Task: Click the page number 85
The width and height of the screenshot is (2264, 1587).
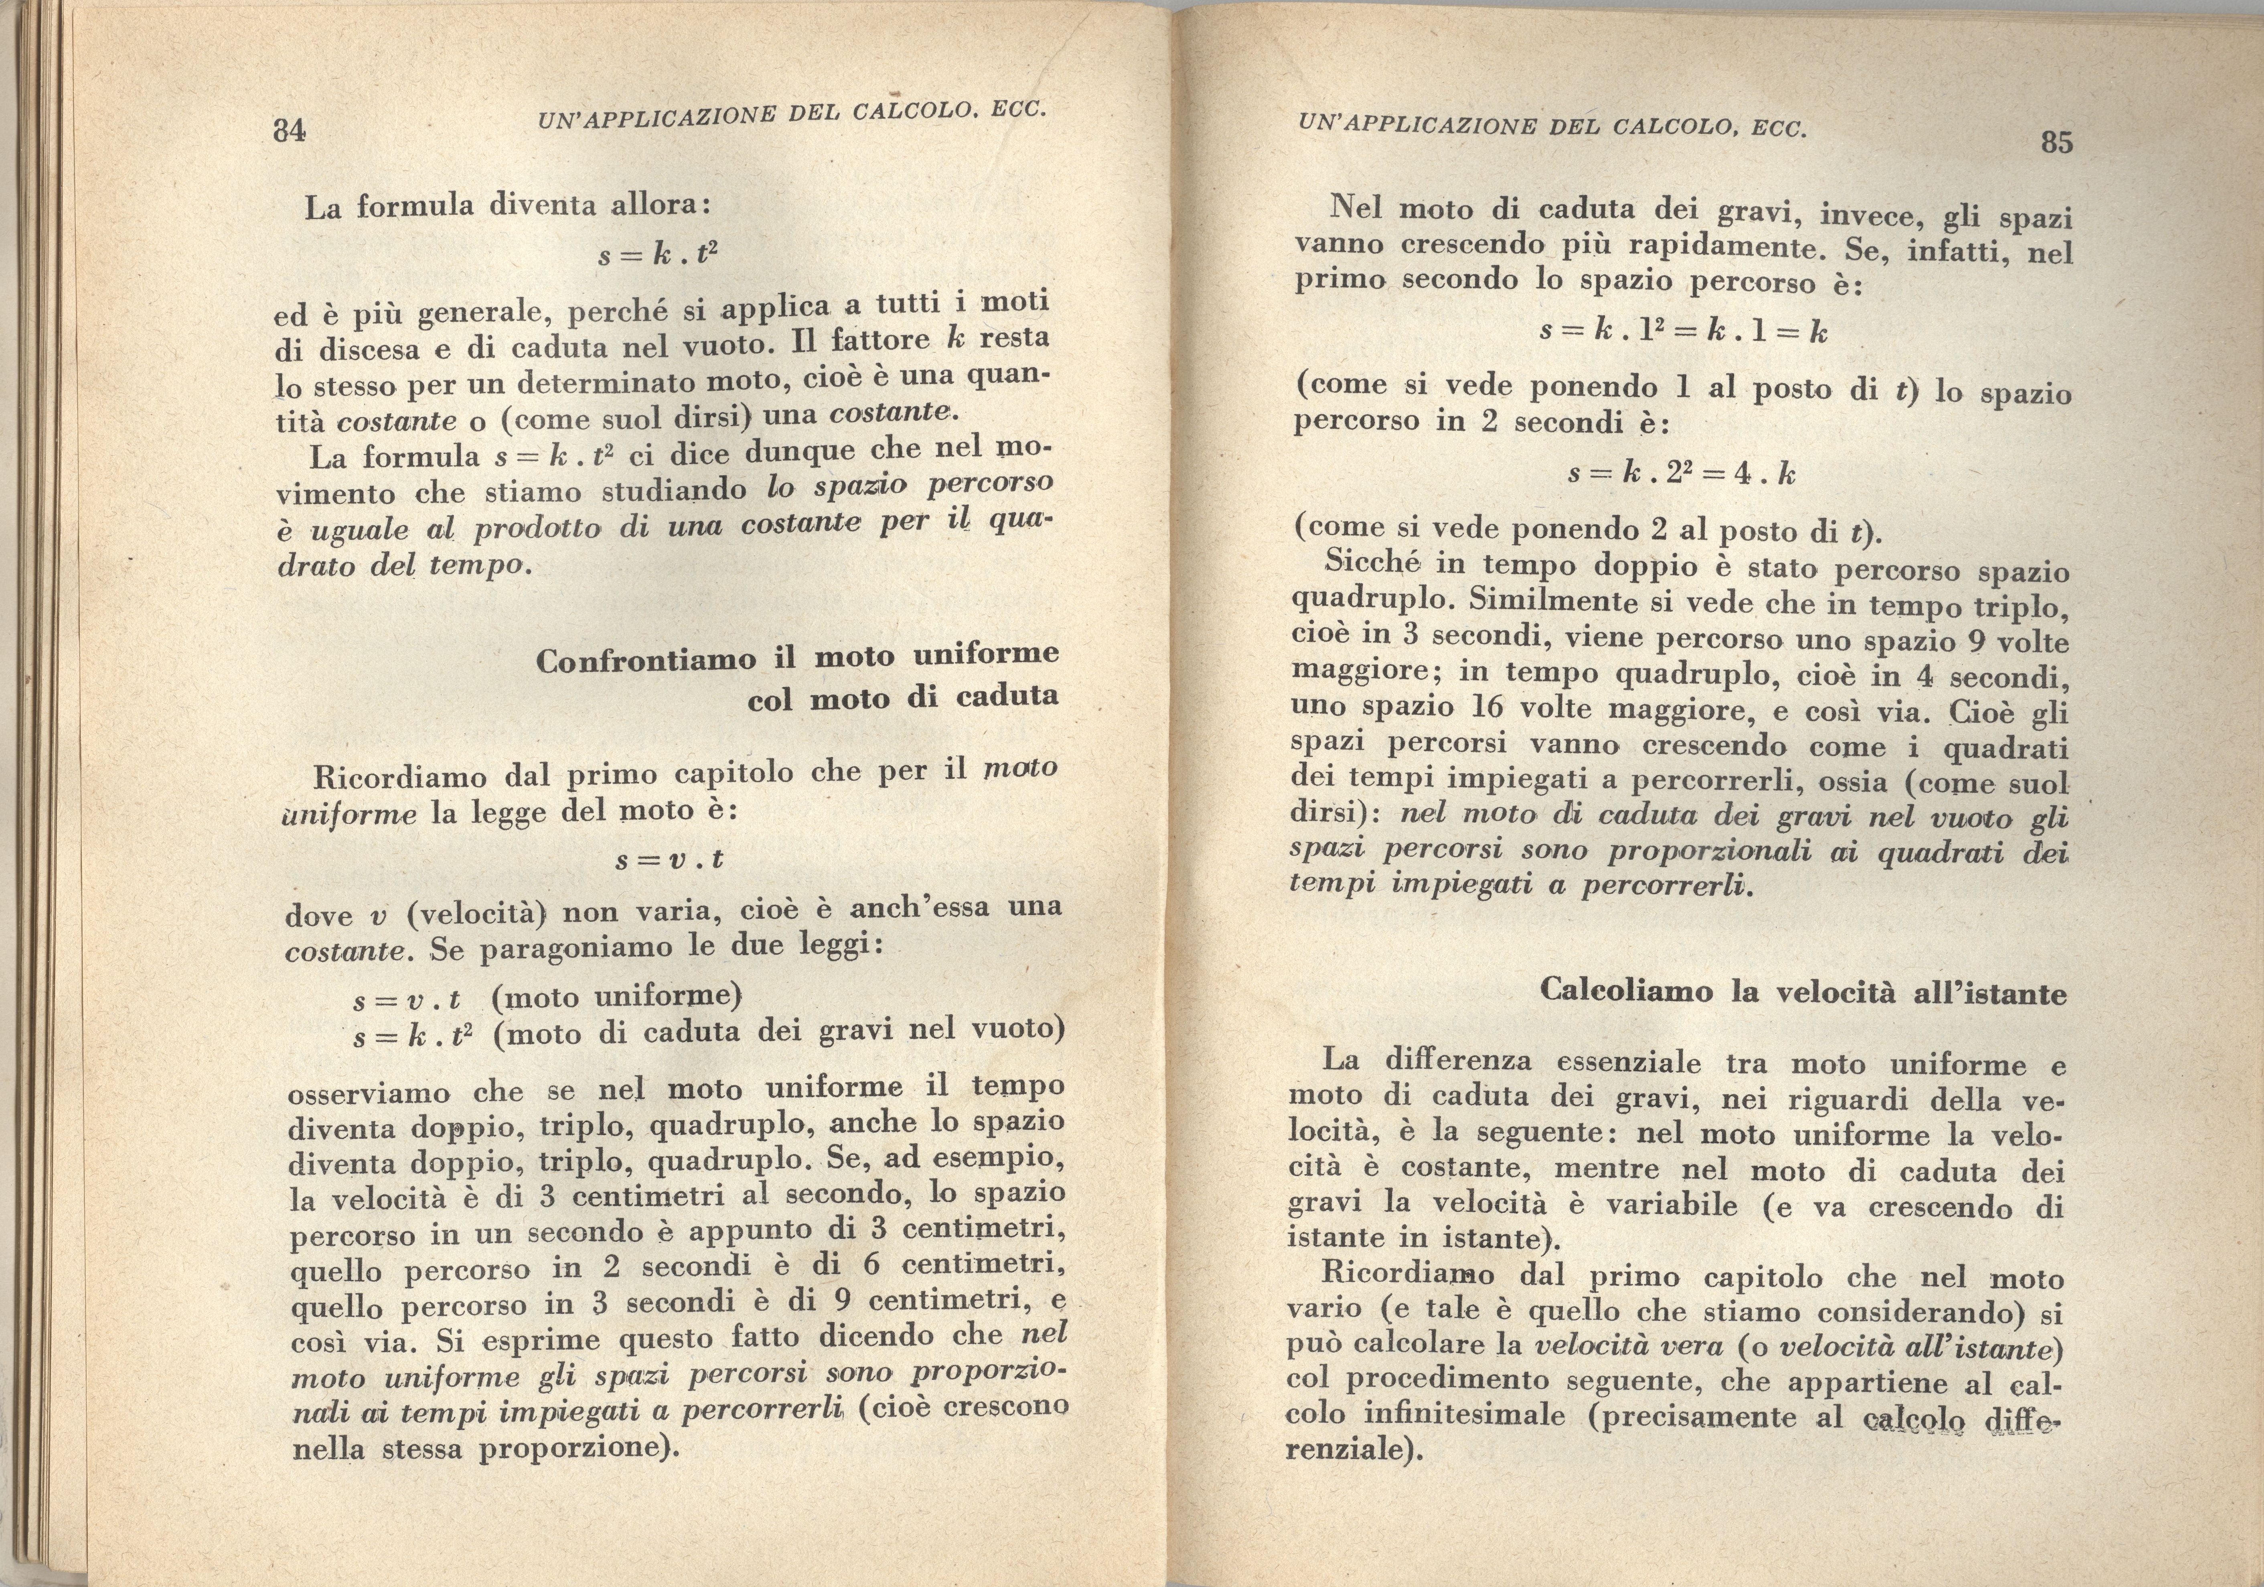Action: coord(2057,143)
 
